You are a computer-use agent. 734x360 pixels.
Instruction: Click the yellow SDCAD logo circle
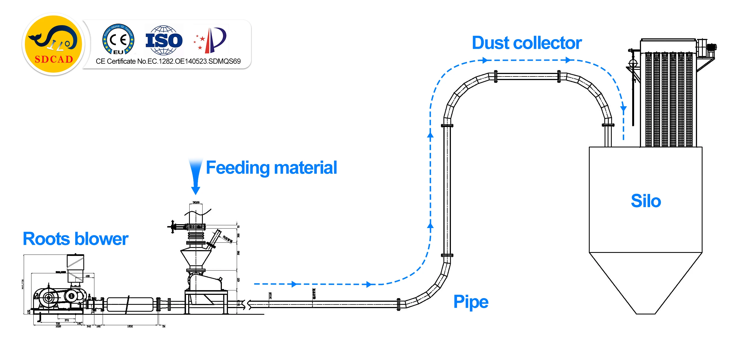tap(53, 44)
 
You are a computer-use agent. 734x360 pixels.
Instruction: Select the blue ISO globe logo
tap(164, 40)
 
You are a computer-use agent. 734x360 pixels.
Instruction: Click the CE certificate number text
tap(168, 61)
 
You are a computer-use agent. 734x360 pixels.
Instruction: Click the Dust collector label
tap(526, 43)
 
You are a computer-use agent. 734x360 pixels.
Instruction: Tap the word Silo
tap(646, 201)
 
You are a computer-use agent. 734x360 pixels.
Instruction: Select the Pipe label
tap(471, 301)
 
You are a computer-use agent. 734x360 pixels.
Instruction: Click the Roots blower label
tap(76, 239)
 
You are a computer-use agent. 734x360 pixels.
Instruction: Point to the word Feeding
tap(237, 168)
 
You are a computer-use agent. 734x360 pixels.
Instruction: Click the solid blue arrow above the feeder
tap(195, 177)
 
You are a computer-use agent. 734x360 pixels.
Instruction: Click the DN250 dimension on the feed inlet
tap(196, 202)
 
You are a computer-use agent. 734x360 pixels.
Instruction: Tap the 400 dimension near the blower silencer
tap(87, 276)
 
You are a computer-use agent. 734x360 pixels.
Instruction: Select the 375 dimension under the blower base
tap(67, 320)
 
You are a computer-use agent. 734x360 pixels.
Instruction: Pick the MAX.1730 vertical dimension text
tap(23, 284)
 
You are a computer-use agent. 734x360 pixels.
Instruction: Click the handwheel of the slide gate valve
tap(173, 227)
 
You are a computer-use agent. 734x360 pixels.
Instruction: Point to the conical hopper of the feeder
tap(196, 258)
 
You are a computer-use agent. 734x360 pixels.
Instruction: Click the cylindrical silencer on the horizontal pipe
tap(130, 305)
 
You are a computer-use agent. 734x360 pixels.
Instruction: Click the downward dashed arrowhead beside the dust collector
tap(623, 108)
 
